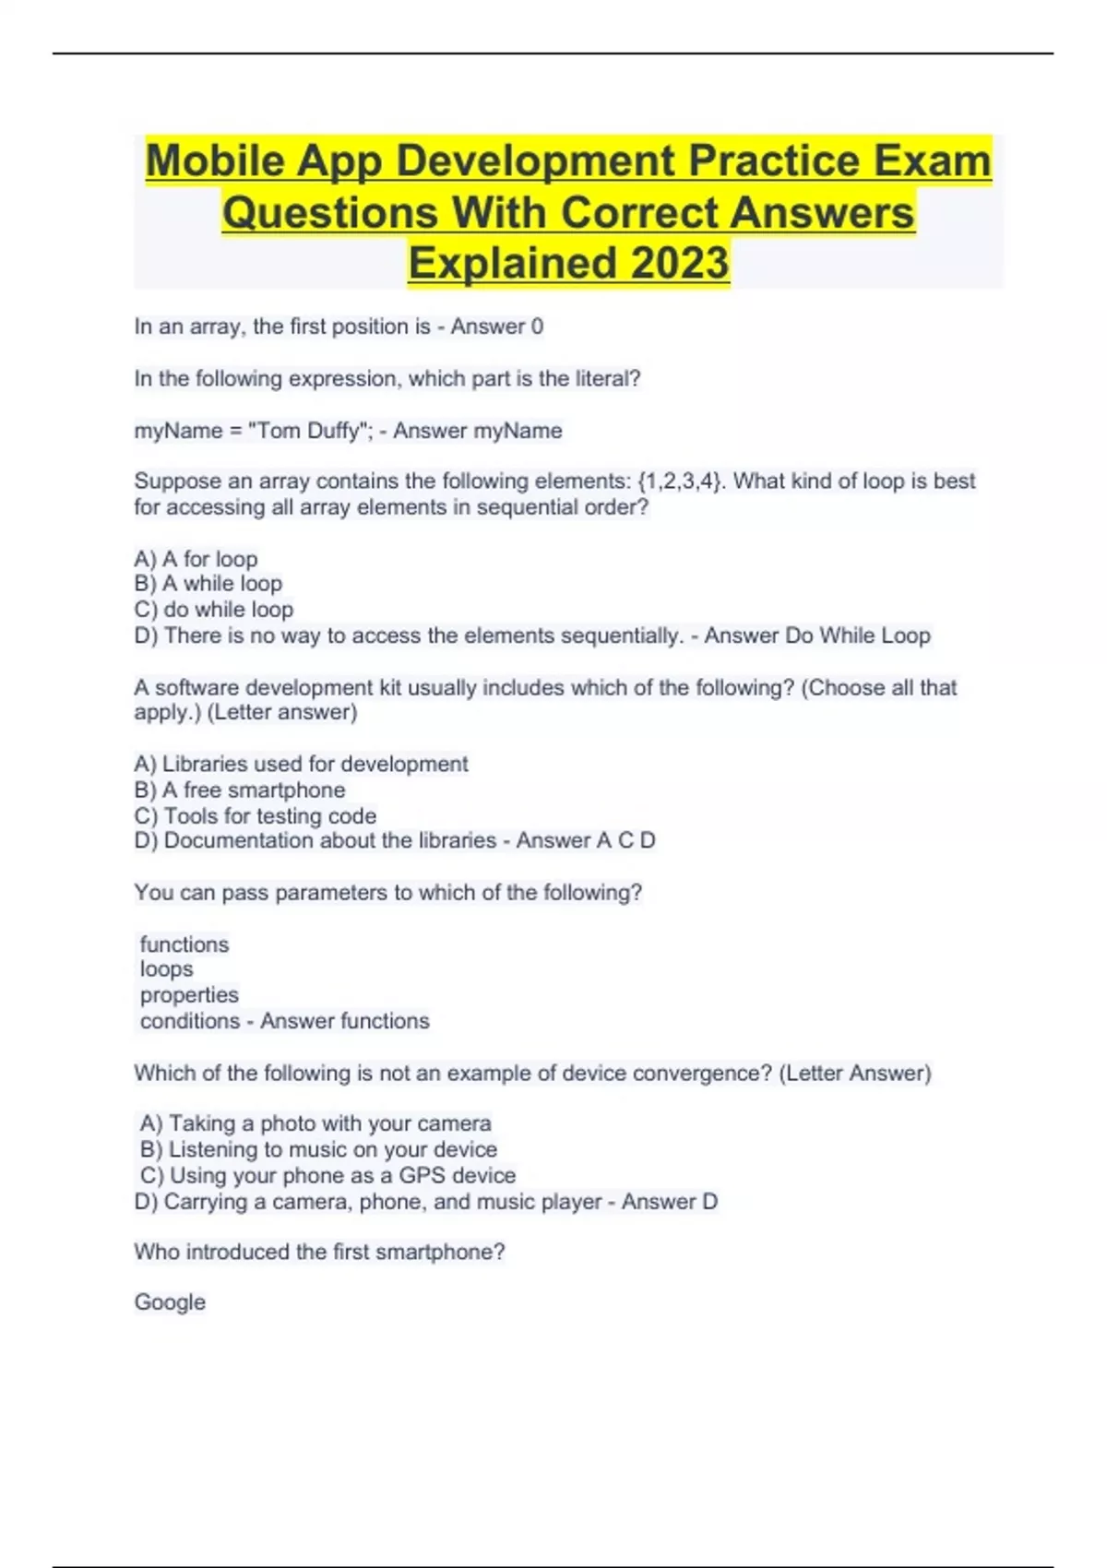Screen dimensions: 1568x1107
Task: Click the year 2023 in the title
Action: pyautogui.click(x=680, y=263)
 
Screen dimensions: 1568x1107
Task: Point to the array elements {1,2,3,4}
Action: pyautogui.click(x=678, y=481)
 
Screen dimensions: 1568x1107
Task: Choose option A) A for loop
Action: pyautogui.click(x=196, y=559)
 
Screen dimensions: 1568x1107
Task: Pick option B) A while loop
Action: pyautogui.click(x=208, y=584)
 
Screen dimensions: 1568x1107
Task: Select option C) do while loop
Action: pyautogui.click(x=213, y=610)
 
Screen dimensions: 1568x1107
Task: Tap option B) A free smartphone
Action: pyautogui.click(x=239, y=790)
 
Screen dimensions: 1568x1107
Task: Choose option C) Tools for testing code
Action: pyautogui.click(x=255, y=816)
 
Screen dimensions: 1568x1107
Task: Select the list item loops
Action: pyautogui.click(x=167, y=969)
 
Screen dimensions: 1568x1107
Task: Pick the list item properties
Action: pyautogui.click(x=189, y=995)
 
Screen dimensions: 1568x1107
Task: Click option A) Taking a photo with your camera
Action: pyautogui.click(x=315, y=1123)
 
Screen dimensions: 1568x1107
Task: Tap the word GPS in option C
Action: pyautogui.click(x=422, y=1175)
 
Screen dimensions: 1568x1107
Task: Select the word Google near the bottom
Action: pyautogui.click(x=170, y=1302)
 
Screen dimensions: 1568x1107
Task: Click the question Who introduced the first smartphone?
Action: pyautogui.click(x=319, y=1252)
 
